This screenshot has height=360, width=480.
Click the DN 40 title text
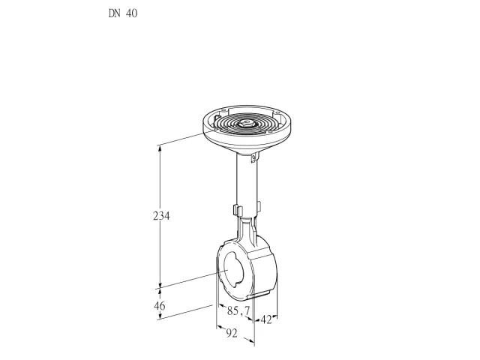tap(123, 13)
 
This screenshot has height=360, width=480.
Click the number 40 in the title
tap(130, 13)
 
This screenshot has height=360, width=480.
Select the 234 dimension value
tap(161, 216)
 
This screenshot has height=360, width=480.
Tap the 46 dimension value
tap(159, 305)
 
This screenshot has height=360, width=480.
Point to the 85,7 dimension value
tap(238, 311)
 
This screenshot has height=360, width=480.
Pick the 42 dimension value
tap(266, 320)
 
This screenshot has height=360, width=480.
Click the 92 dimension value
tap(232, 333)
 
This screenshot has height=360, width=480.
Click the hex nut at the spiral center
tap(245, 123)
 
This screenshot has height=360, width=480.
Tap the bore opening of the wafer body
tap(232, 269)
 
